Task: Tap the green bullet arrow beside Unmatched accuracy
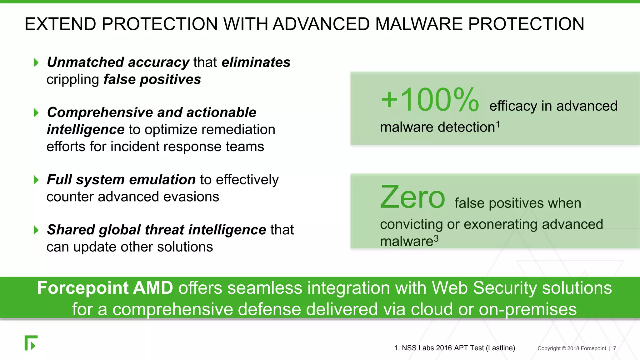point(36,62)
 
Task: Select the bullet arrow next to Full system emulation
point(36,180)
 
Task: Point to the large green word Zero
point(412,197)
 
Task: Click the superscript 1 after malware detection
point(498,124)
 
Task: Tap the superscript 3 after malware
point(436,239)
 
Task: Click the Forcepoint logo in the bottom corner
point(31,343)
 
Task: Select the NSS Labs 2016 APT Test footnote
point(454,348)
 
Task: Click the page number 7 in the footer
point(614,348)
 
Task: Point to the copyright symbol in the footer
point(564,348)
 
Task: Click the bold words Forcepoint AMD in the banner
point(105,288)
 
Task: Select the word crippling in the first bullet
point(73,80)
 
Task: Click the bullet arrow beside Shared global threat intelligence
point(36,230)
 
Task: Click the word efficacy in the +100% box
point(513,106)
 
